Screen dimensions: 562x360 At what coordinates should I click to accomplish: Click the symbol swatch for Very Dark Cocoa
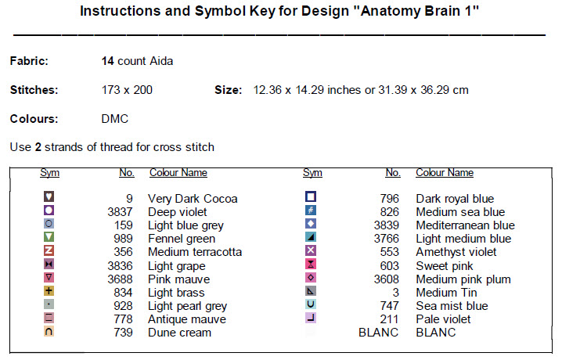click(49, 196)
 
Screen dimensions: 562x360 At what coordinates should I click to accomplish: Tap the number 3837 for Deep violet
click(120, 212)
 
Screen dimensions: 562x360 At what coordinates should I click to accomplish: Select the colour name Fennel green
click(182, 239)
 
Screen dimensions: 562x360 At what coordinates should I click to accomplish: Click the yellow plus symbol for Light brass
click(49, 290)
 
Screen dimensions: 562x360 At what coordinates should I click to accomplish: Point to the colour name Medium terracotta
click(195, 252)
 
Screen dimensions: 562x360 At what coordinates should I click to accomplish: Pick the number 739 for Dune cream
click(124, 333)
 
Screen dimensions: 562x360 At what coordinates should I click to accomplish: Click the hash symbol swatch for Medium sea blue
click(311, 211)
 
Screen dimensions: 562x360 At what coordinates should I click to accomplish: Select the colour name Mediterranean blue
click(465, 225)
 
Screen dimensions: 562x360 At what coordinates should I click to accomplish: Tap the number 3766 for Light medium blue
click(387, 239)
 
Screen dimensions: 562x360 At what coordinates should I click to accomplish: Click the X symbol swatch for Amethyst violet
click(311, 250)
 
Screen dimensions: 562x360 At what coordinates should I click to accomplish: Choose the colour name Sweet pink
click(445, 266)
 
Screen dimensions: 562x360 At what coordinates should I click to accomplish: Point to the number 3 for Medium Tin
click(396, 293)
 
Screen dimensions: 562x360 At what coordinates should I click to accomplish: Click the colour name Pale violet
click(443, 319)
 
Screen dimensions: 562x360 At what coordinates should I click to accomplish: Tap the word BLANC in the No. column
click(379, 333)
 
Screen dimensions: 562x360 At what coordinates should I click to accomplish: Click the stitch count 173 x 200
click(127, 90)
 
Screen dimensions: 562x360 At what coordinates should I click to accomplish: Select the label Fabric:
click(29, 61)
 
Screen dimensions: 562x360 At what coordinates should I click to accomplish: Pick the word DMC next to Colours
click(115, 119)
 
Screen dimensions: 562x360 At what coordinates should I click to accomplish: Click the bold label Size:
click(229, 90)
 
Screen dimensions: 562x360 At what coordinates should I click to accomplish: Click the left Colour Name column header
click(178, 173)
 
